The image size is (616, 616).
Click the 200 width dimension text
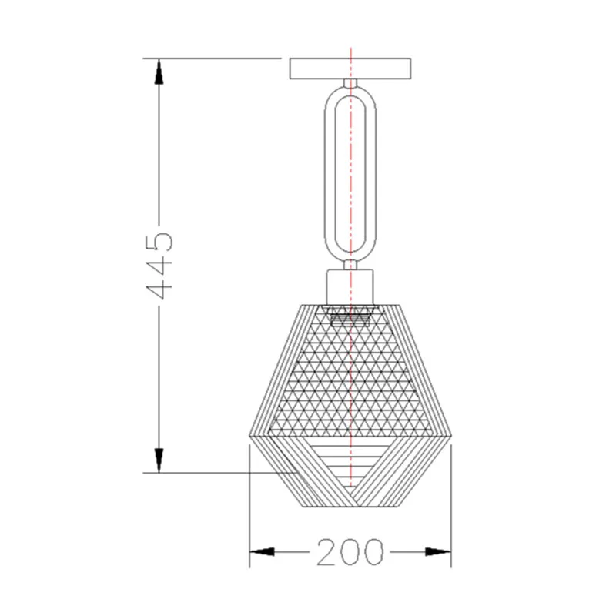pyautogui.click(x=349, y=551)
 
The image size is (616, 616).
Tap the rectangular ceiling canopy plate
pyautogui.click(x=350, y=69)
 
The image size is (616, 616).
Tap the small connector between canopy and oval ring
pyautogui.click(x=350, y=82)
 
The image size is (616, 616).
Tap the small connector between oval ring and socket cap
pyautogui.click(x=350, y=263)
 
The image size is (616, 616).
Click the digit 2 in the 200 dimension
pyautogui.click(x=326, y=551)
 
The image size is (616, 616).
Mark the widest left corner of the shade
pyautogui.click(x=251, y=437)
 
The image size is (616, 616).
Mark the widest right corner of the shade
pyautogui.click(x=451, y=437)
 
